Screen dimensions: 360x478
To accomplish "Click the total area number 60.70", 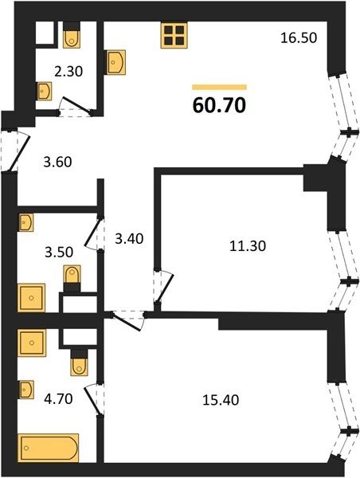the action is (219, 105).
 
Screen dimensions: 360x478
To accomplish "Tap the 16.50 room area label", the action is (299, 38).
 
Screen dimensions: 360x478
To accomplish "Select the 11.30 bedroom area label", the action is (248, 245).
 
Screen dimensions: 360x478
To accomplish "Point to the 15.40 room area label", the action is (221, 400).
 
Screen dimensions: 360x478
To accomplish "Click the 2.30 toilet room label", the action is (68, 72).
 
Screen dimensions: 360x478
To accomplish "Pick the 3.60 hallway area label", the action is (57, 162).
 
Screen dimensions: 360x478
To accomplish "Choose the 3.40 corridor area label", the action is (129, 239).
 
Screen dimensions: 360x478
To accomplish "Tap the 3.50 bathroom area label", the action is (59, 253).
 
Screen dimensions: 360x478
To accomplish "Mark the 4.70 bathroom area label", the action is (58, 399).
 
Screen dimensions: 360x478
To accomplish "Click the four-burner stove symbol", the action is (174, 35).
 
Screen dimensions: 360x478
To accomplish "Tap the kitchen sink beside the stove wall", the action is (115, 62).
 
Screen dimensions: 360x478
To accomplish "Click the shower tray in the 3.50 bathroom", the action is (31, 298).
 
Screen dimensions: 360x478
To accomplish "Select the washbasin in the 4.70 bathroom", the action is (26, 390).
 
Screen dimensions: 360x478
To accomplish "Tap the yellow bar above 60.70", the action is (219, 87).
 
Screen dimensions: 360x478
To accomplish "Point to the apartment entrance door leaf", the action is (20, 153).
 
